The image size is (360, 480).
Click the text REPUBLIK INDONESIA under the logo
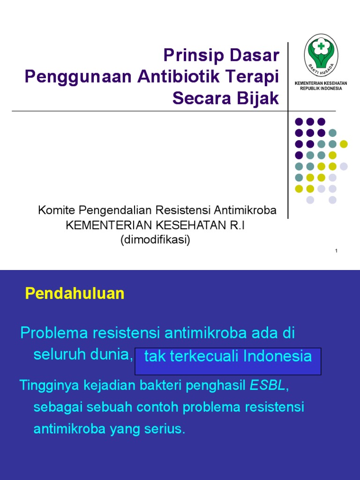(x=321, y=88)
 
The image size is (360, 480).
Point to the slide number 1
(x=336, y=252)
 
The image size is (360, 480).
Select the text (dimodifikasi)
(x=155, y=240)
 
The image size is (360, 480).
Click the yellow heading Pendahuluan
(x=75, y=294)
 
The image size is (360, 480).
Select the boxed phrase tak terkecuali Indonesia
(x=228, y=357)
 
